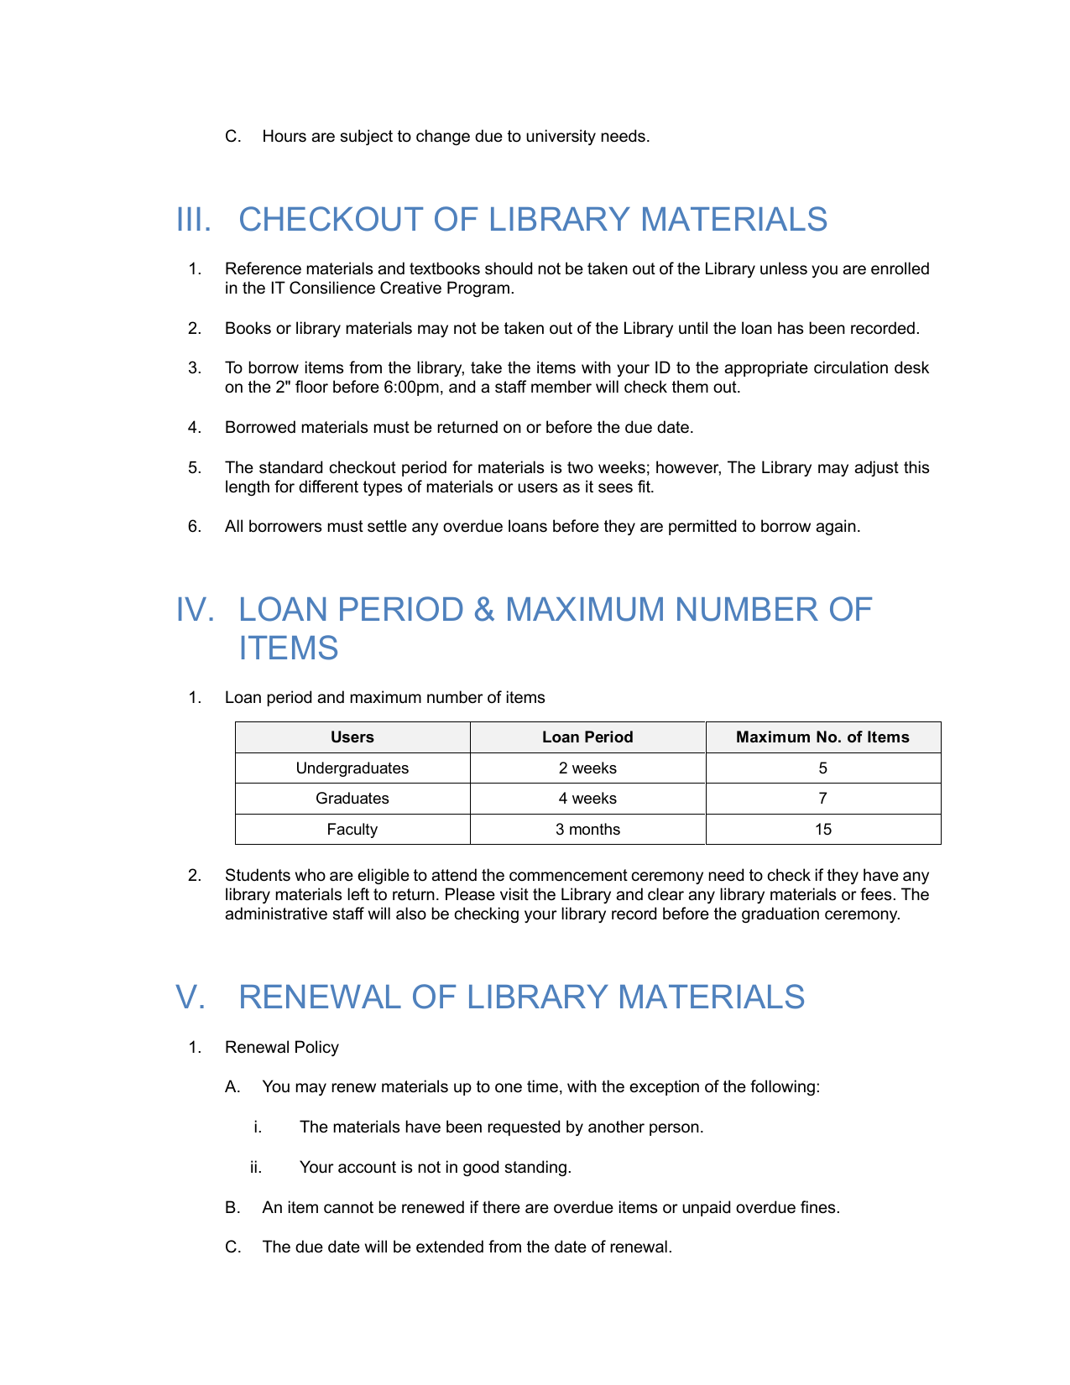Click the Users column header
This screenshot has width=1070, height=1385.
coord(352,737)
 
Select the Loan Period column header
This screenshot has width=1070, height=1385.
coord(587,737)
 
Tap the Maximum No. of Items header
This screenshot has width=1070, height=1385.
coord(822,737)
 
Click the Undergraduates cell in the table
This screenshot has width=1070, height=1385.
coord(352,768)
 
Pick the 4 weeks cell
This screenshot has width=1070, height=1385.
coord(587,799)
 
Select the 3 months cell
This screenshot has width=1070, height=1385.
coord(587,830)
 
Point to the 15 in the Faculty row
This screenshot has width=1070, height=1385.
coord(822,830)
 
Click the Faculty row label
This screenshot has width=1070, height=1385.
coord(352,830)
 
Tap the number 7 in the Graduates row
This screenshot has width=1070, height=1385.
coord(822,799)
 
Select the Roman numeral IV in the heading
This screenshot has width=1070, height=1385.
coord(195,610)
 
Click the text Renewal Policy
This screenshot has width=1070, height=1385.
coord(282,1048)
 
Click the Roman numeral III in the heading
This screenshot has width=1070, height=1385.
coord(193,220)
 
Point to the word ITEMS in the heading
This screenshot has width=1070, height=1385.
coord(288,648)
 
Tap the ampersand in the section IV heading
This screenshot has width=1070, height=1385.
coord(484,610)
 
